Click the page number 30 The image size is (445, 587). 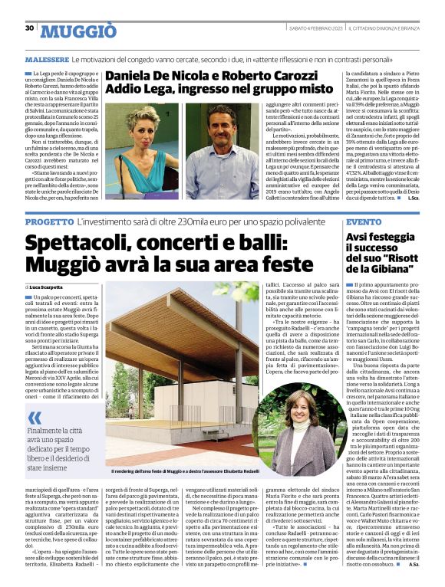tap(29, 28)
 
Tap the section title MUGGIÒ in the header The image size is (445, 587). tap(78, 31)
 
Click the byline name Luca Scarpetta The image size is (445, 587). tap(51, 286)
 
